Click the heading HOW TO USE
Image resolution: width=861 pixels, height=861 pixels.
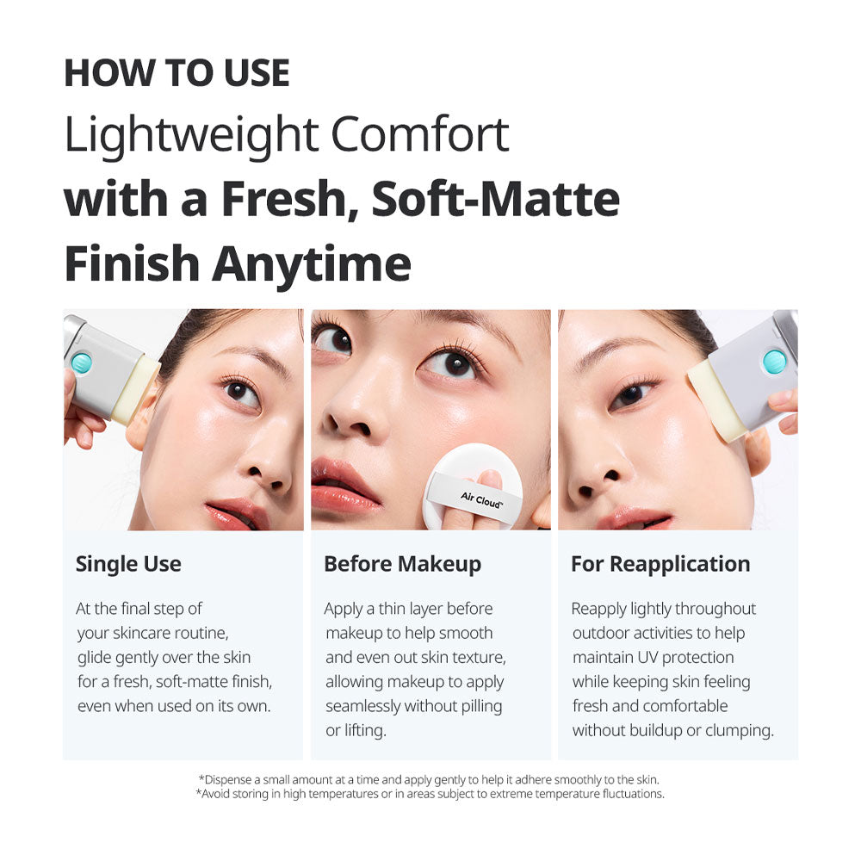(177, 73)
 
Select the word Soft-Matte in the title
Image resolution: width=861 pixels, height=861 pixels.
(496, 199)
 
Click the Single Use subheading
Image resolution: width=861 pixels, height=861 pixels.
(128, 565)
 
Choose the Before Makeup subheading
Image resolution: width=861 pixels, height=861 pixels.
(402, 565)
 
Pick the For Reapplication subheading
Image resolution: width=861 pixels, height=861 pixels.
(660, 565)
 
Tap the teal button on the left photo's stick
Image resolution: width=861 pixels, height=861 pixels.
(82, 363)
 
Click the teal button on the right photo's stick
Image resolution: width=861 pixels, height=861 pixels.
(774, 362)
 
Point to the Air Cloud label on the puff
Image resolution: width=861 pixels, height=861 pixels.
(481, 499)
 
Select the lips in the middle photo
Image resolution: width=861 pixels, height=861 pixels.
(344, 484)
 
